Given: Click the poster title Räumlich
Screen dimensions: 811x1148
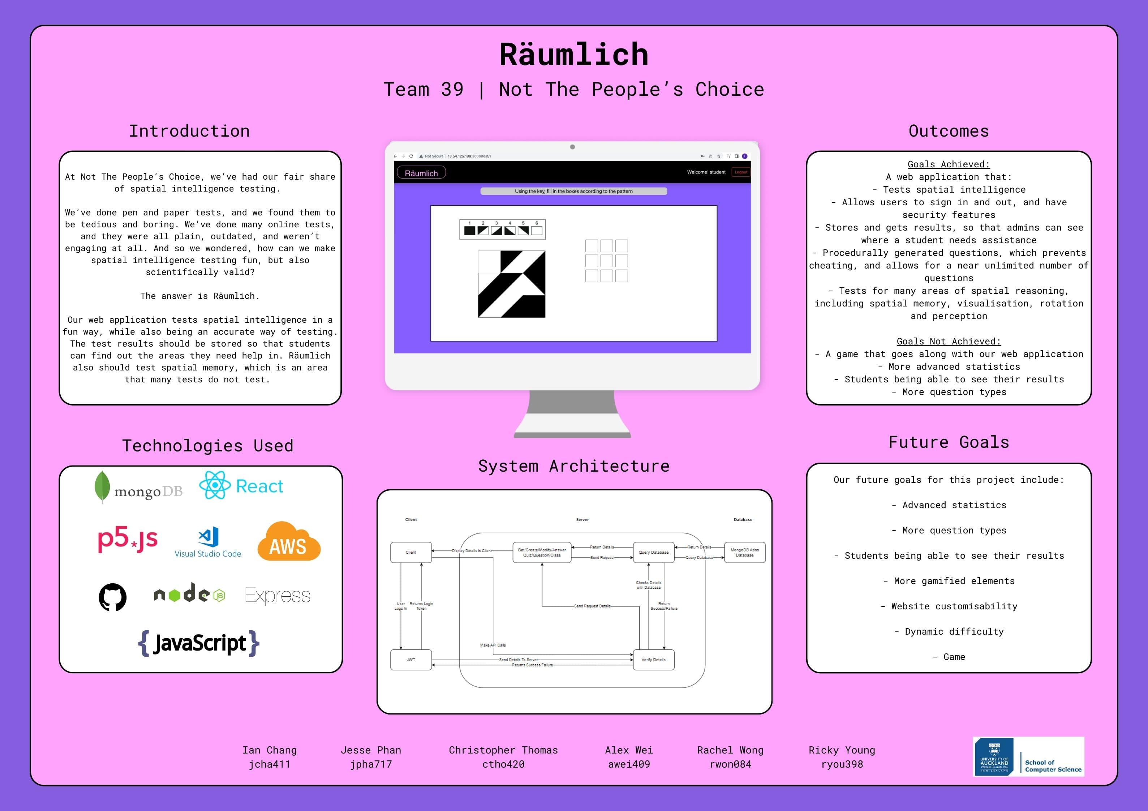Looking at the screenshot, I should (x=573, y=55).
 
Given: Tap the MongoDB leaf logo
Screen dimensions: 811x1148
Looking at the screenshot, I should (x=102, y=486).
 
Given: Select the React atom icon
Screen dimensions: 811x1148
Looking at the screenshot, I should (x=215, y=485).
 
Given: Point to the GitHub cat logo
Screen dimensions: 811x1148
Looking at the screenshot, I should (x=112, y=596).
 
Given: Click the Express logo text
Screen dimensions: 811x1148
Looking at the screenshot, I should (x=278, y=595).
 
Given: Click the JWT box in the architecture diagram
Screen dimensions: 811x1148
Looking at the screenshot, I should (x=410, y=660).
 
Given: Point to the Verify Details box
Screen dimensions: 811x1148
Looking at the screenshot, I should (x=654, y=660).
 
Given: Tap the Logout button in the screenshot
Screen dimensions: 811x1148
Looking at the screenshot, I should (x=740, y=172).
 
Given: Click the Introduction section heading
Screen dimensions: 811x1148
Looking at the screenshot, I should (x=189, y=131).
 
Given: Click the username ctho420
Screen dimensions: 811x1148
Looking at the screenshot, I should (x=503, y=764).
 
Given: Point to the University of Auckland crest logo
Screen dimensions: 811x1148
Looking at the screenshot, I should (x=994, y=756).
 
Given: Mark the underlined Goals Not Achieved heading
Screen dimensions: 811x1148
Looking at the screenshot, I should (x=949, y=342).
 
